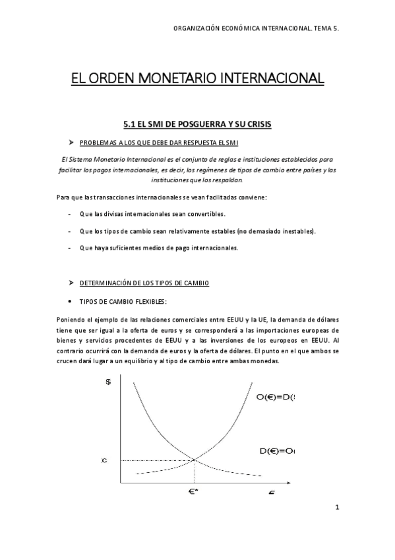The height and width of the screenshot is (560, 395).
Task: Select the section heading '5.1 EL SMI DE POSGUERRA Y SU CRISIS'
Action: click(197, 124)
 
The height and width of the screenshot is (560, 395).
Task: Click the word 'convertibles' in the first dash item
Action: click(204, 214)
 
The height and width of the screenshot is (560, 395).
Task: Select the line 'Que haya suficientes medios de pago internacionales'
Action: click(158, 248)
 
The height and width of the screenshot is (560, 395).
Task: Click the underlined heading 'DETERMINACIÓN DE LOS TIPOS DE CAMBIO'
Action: click(144, 283)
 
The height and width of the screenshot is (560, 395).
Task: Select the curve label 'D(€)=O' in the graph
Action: click(276, 451)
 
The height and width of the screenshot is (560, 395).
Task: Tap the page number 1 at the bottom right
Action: click(336, 507)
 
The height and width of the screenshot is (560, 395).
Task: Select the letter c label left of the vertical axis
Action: click(104, 460)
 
